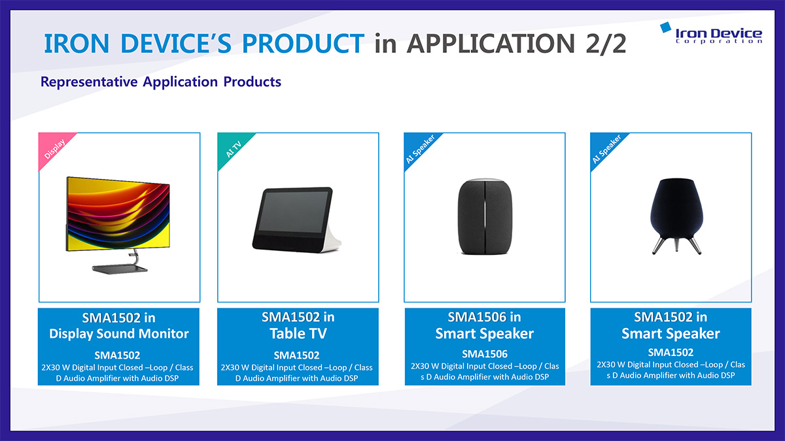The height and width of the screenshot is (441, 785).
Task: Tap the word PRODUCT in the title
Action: (x=303, y=44)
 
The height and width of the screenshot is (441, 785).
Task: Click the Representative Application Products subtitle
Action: (x=161, y=82)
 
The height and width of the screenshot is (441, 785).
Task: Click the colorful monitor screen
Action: (x=118, y=214)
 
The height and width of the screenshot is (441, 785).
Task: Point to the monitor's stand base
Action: (x=120, y=269)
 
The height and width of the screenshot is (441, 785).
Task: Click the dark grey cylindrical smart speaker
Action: (x=485, y=217)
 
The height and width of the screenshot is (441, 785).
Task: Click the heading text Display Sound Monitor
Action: (x=119, y=334)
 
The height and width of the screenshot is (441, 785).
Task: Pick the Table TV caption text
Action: (x=298, y=333)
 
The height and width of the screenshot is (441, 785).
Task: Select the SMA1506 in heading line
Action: (x=484, y=317)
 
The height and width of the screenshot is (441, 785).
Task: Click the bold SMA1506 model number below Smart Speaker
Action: (x=485, y=354)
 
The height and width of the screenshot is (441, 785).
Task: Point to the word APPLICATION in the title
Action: (x=491, y=44)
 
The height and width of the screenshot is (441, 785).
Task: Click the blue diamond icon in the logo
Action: (x=665, y=27)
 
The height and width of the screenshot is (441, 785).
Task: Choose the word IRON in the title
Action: (x=77, y=44)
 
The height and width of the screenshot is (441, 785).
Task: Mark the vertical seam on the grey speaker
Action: (x=485, y=217)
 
